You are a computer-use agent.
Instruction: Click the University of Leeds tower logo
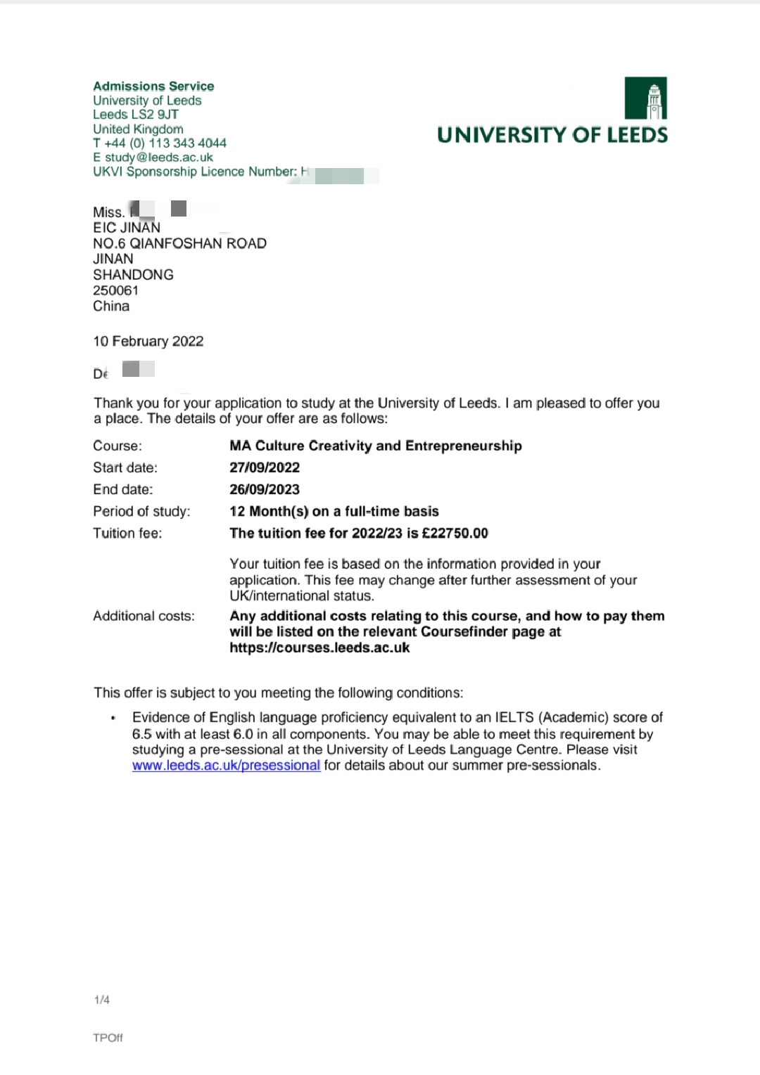[x=645, y=98]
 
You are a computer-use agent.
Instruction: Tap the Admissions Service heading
[x=153, y=86]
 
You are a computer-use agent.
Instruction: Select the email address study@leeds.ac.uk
[x=158, y=157]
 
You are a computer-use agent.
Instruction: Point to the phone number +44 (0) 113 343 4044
[x=165, y=143]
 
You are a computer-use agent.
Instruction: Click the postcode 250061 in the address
[x=116, y=290]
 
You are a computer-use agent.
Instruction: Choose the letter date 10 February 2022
[x=148, y=341]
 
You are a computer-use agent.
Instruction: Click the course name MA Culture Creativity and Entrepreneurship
[x=376, y=446]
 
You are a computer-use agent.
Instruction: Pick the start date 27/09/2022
[x=265, y=468]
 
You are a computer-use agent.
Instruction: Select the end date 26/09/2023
[x=265, y=489]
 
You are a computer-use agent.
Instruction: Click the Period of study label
[x=141, y=511]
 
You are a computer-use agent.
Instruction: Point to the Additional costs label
[x=144, y=616]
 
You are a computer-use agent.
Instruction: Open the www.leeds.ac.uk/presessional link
[x=226, y=766]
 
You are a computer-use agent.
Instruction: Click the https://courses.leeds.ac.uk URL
[x=319, y=648]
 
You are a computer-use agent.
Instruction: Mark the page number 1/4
[x=102, y=1000]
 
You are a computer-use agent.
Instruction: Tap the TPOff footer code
[x=108, y=1038]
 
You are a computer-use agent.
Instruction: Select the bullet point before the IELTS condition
[x=113, y=718]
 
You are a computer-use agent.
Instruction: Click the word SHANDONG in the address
[x=133, y=275]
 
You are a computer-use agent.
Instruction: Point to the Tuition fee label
[x=127, y=533]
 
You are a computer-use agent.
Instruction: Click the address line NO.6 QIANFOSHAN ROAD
[x=179, y=243]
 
